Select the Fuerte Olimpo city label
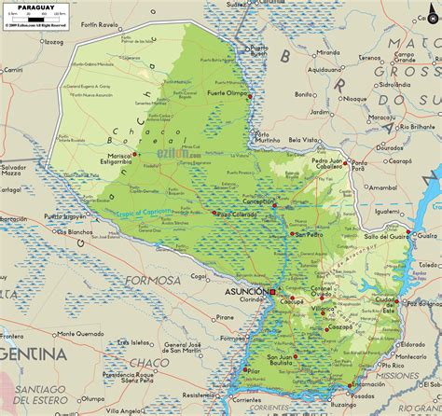pos(228,94)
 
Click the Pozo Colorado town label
pos(238,214)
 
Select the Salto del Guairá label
pos(385,238)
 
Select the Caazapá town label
pos(341,327)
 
